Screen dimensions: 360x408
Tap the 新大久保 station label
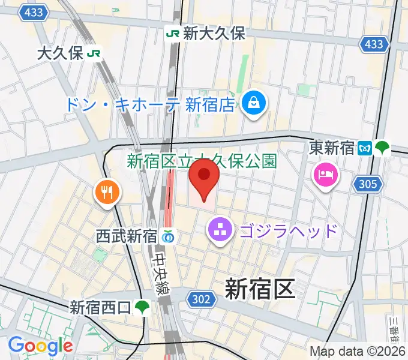[214, 34]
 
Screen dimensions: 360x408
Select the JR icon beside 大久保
[94, 54]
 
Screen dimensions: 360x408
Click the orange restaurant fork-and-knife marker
[107, 192]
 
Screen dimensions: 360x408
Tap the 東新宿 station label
[332, 148]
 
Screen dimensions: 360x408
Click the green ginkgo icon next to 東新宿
[382, 148]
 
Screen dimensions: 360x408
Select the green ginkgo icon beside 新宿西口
[142, 308]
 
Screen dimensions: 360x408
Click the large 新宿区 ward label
[260, 289]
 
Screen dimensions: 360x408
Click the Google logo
[40, 346]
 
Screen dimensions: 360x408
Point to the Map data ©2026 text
[358, 351]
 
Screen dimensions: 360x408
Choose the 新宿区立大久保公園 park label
[202, 161]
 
